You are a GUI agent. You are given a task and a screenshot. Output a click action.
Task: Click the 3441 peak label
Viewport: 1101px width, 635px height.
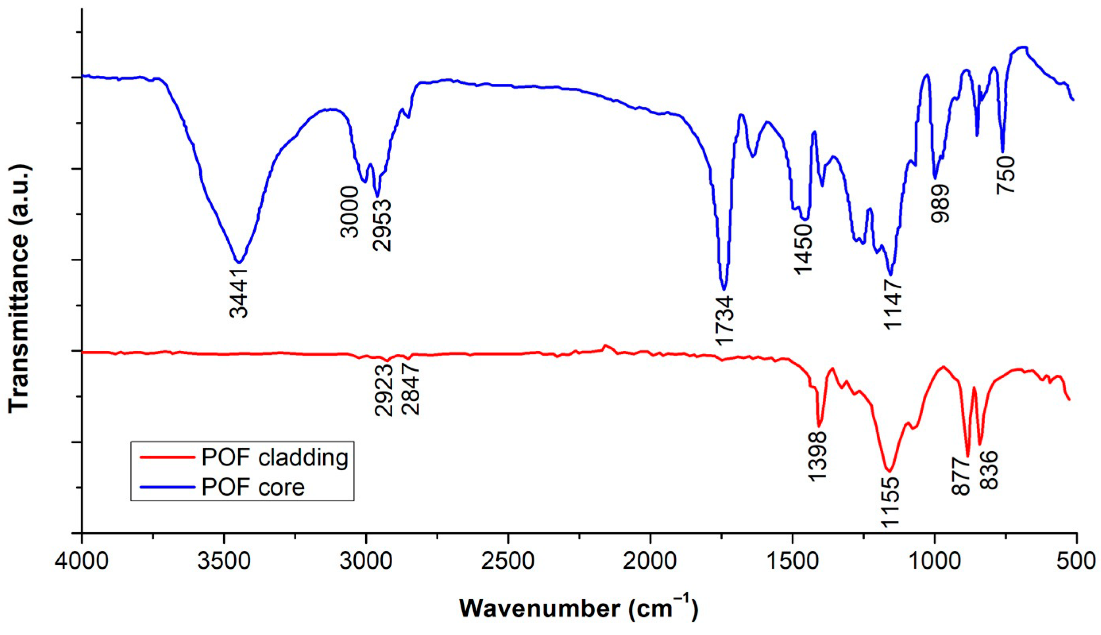coord(239,292)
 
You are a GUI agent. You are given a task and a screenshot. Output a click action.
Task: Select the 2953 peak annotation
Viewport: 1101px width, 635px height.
coord(382,225)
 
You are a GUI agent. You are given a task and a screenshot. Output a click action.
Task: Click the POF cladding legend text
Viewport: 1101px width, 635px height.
coord(275,458)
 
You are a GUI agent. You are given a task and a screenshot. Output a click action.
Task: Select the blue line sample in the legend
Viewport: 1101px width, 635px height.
coord(167,487)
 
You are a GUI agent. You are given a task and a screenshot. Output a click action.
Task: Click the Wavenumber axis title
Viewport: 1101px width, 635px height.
coord(578,608)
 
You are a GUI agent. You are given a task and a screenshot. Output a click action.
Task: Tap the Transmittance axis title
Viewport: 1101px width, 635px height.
coord(19,288)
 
